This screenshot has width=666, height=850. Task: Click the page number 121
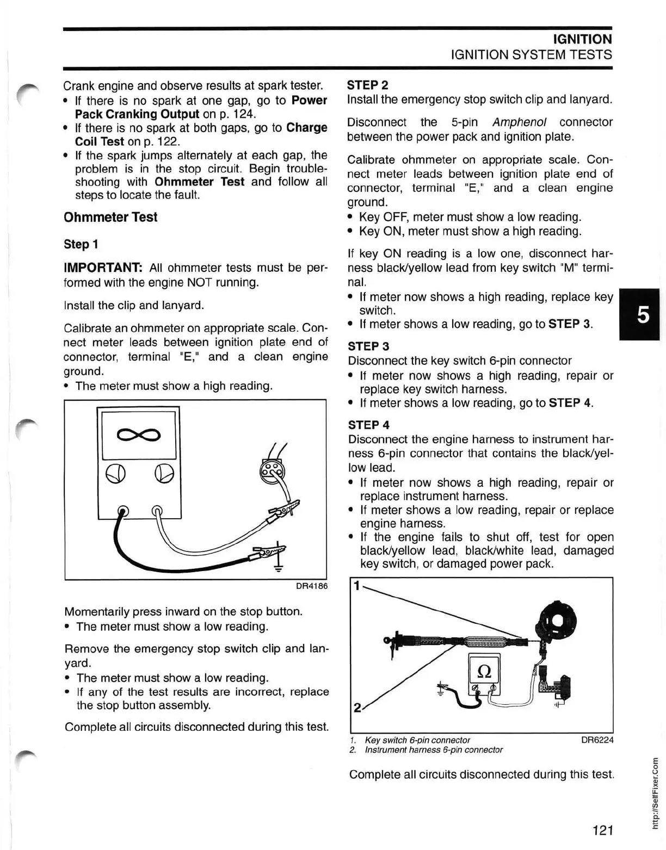[x=603, y=830]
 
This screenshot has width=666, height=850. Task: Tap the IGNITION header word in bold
[x=582, y=39]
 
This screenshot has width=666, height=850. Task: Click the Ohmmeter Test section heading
[x=110, y=217]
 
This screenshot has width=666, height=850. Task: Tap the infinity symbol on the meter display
[x=139, y=434]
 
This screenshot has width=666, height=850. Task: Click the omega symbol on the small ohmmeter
[x=484, y=671]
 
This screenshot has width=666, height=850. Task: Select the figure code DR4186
[x=311, y=586]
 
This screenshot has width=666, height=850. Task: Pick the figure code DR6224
[x=597, y=740]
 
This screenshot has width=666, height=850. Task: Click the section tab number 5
[x=643, y=314]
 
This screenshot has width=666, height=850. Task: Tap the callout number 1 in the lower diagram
[x=356, y=586]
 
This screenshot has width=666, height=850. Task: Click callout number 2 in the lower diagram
[x=357, y=708]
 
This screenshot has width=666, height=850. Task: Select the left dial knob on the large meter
[x=115, y=474]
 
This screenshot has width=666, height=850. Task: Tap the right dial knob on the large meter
[x=164, y=474]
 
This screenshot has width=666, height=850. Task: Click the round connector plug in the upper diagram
[x=272, y=470]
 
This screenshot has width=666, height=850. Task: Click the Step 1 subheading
[x=81, y=244]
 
